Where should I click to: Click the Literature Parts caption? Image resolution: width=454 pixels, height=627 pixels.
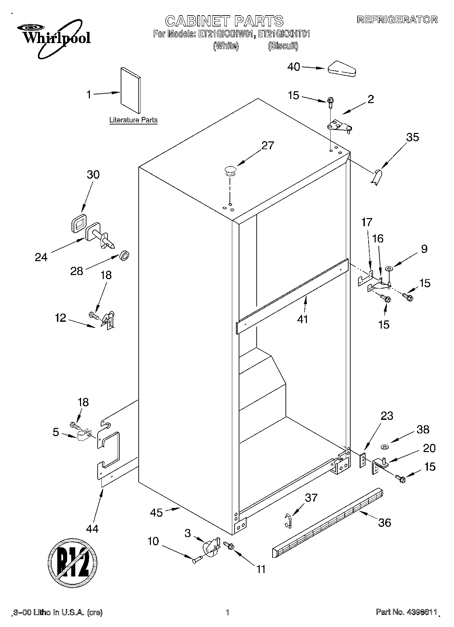(x=133, y=120)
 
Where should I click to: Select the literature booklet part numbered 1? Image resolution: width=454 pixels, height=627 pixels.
(x=131, y=90)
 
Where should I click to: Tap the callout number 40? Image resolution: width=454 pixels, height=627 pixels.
(x=294, y=67)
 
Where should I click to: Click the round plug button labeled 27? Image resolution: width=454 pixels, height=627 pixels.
(x=230, y=170)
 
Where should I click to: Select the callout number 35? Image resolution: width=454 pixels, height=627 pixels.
(x=412, y=137)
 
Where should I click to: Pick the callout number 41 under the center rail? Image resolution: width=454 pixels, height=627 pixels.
(x=302, y=319)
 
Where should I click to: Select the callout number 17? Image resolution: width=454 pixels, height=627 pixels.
(x=367, y=223)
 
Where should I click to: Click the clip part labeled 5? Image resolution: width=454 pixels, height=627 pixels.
(x=83, y=436)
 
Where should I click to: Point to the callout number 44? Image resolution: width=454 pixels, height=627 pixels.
(x=92, y=528)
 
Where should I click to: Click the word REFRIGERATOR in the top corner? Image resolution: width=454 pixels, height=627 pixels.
(x=397, y=20)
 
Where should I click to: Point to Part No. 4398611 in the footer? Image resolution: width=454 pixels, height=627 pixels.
(x=406, y=612)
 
